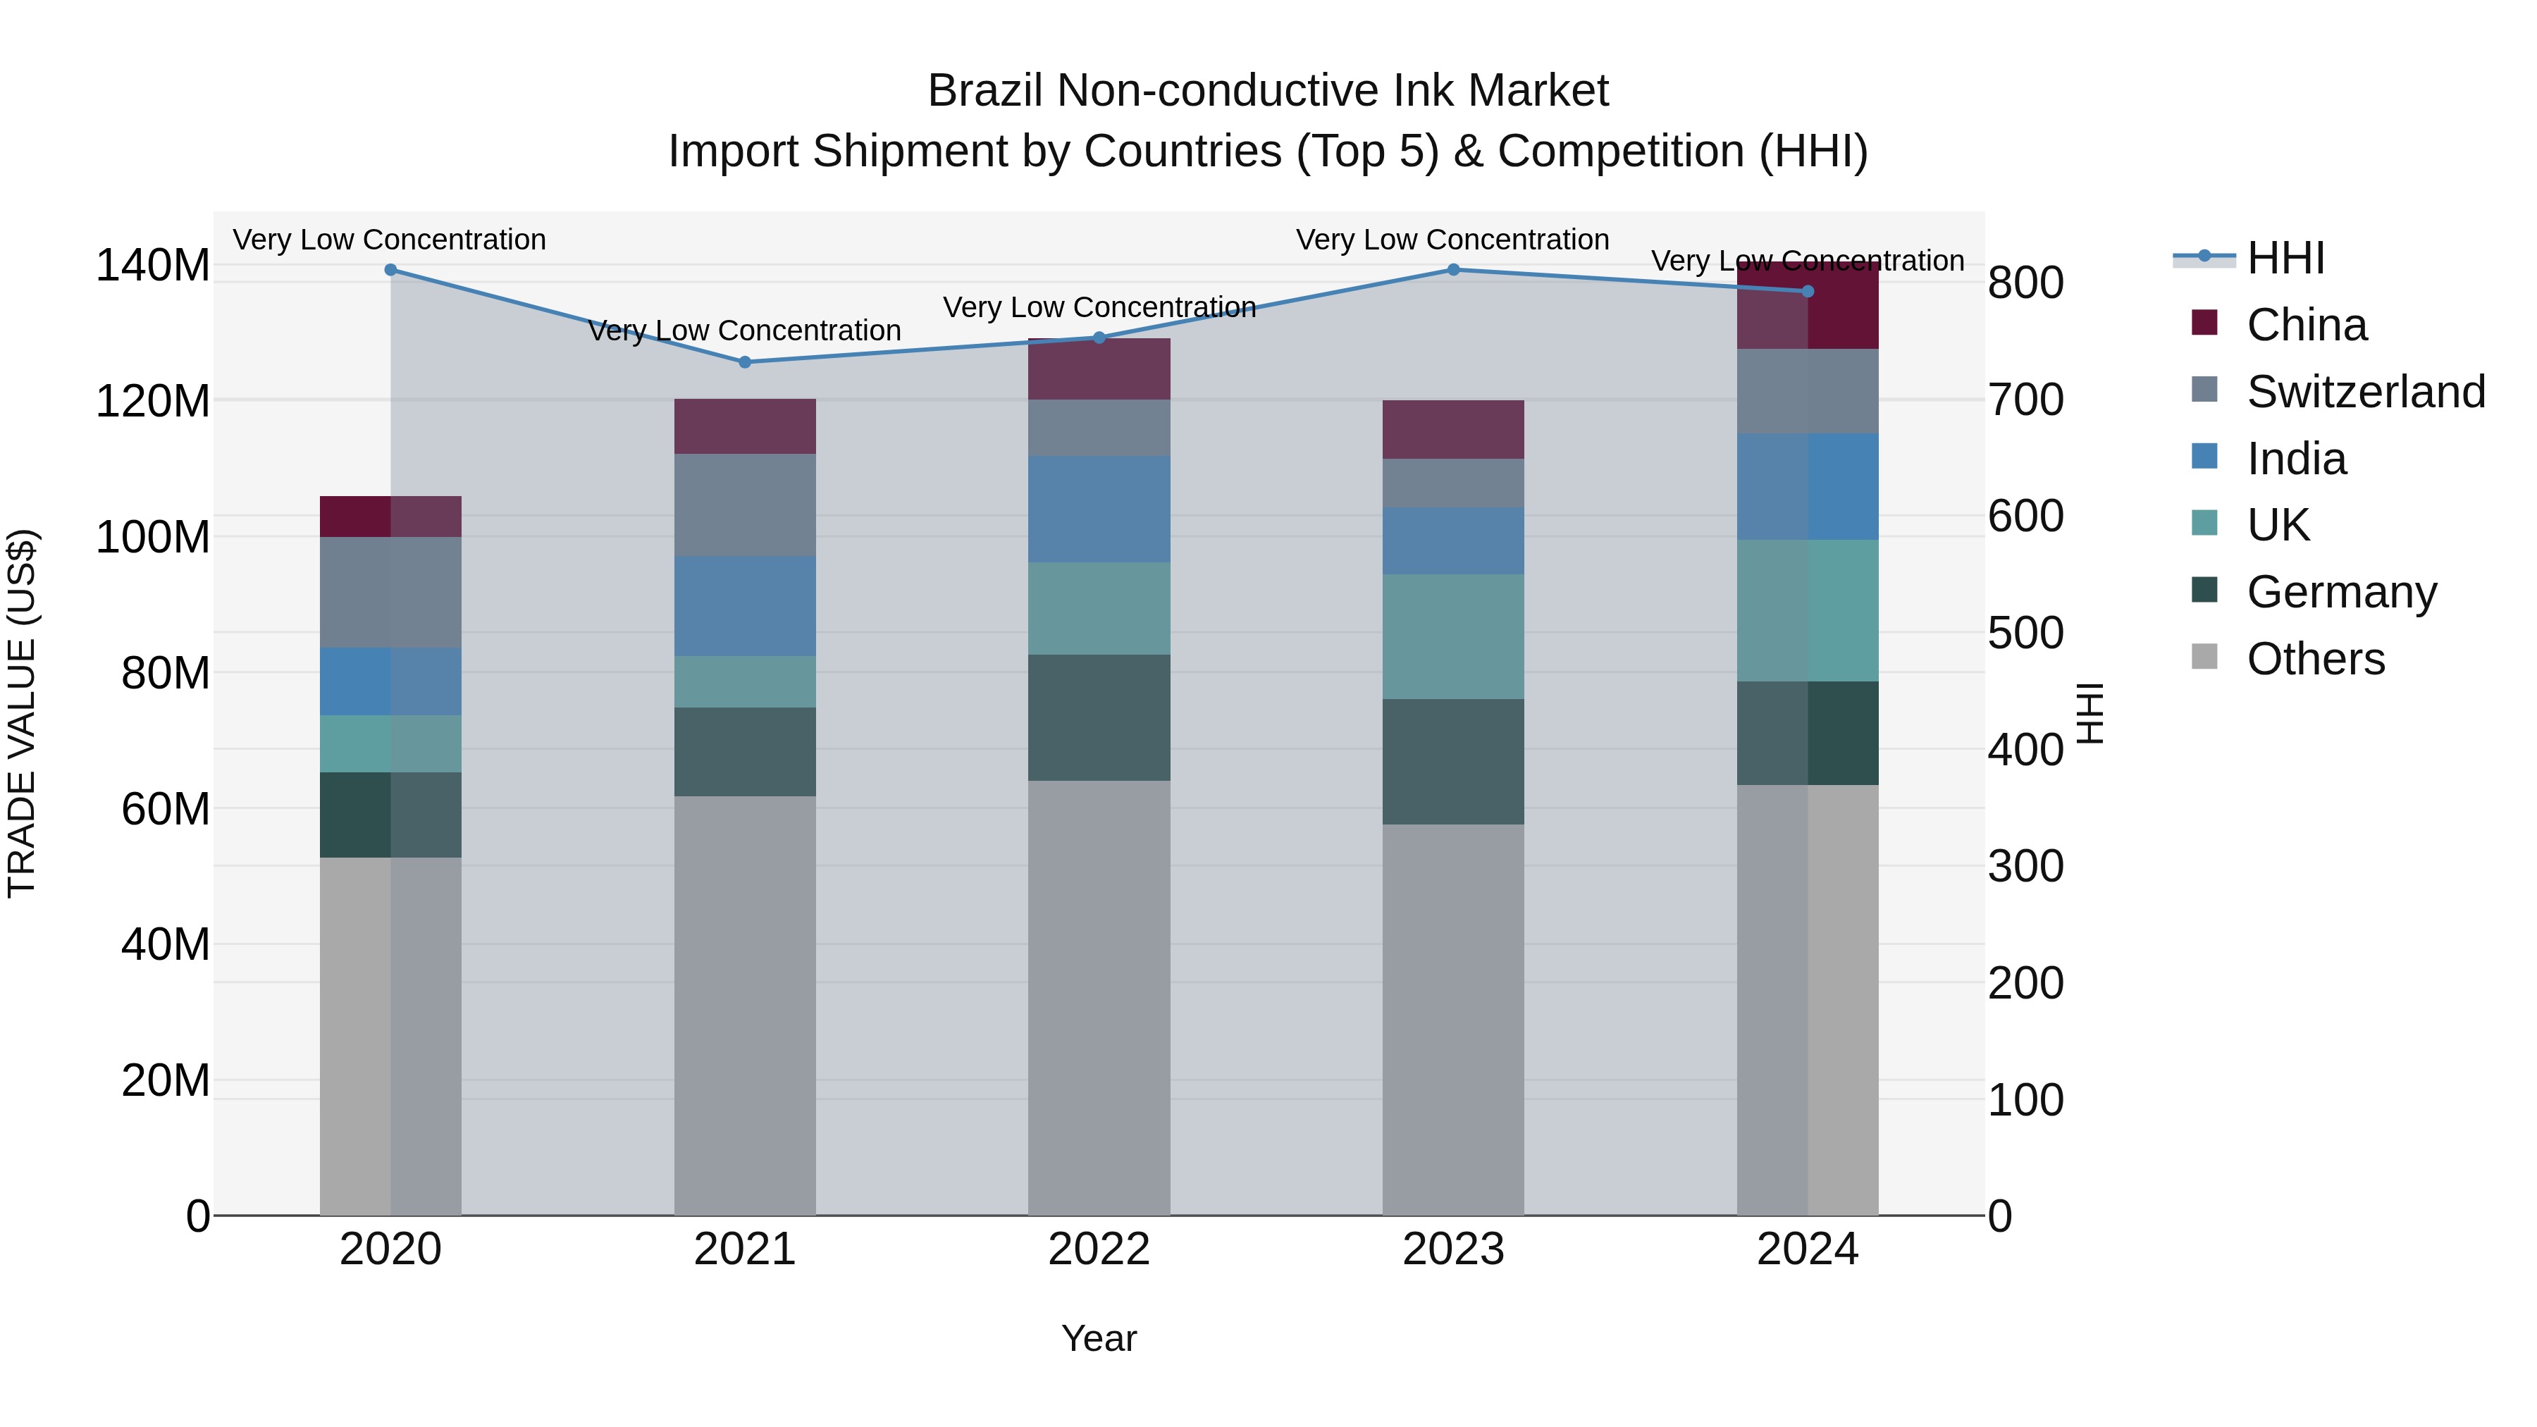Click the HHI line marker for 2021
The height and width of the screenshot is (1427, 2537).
745,362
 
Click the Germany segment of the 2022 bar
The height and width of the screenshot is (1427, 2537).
1099,718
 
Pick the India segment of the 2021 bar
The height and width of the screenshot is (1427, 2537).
745,605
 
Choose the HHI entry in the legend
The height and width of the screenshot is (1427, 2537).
2285,258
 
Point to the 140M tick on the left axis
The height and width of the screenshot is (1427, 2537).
153,266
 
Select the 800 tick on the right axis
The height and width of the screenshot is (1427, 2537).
2025,283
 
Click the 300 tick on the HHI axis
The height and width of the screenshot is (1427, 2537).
2025,867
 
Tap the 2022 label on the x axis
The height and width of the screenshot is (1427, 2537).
1099,1249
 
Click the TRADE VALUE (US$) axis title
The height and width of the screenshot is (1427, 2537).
22,713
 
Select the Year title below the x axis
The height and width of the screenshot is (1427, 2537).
1099,1338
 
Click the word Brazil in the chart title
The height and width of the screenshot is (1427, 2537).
986,92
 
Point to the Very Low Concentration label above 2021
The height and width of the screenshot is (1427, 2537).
745,331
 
